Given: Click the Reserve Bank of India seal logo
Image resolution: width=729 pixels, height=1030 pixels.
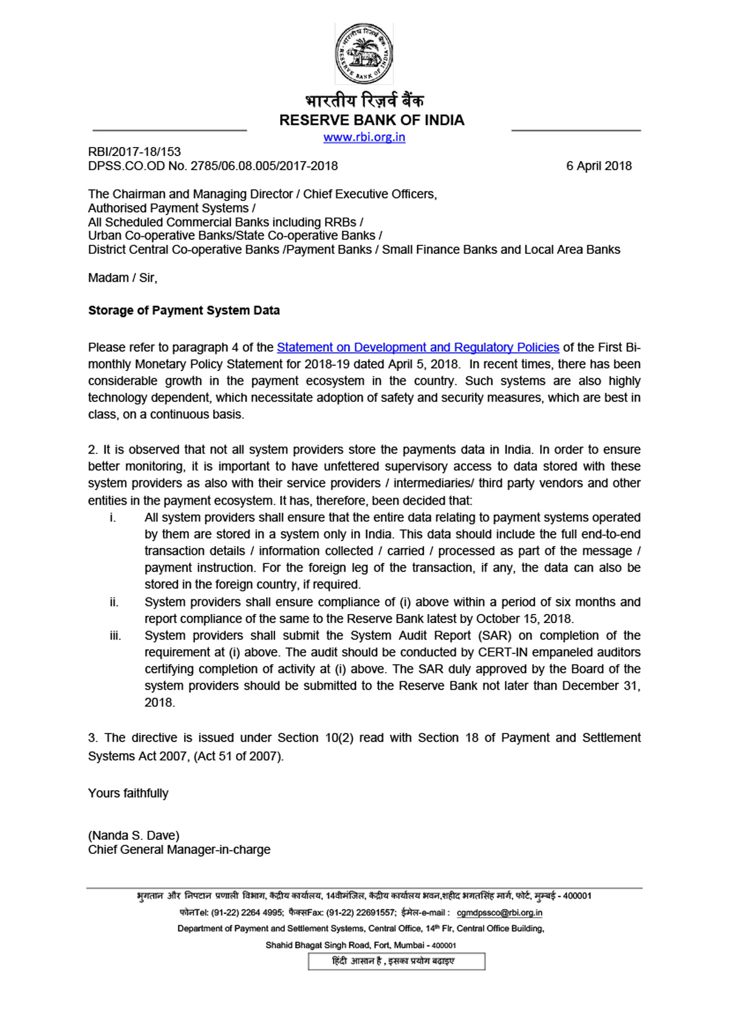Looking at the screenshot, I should click(364, 53).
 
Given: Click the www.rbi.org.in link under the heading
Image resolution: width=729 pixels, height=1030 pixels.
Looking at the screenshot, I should click(364, 137).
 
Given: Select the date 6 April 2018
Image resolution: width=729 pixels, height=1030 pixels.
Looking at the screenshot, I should click(598, 166).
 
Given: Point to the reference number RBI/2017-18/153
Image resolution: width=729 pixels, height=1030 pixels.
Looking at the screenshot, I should click(134, 152).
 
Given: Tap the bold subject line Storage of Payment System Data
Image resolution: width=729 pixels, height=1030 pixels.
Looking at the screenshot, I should click(184, 310).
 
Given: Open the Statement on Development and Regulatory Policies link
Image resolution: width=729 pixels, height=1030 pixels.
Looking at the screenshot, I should click(417, 347).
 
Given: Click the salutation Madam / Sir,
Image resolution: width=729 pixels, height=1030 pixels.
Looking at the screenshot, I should click(123, 278).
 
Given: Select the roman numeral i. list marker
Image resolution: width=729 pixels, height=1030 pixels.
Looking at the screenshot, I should click(112, 517).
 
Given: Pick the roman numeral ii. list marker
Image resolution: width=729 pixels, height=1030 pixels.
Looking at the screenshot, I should click(114, 602).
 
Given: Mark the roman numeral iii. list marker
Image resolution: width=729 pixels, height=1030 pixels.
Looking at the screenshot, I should click(115, 636).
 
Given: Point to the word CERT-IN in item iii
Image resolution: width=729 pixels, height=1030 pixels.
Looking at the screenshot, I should click(504, 652).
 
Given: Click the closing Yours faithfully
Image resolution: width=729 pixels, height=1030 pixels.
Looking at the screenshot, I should click(128, 793).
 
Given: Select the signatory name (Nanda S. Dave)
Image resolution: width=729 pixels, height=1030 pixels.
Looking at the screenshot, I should click(134, 836).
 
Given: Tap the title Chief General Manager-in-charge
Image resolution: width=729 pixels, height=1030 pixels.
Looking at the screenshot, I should click(179, 850).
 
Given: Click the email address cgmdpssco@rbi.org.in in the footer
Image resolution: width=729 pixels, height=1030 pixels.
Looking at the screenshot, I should click(499, 913).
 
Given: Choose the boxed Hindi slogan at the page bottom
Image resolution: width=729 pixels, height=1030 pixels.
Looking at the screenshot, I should click(396, 961).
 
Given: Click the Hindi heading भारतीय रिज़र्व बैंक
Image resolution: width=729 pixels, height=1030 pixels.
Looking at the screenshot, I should click(364, 100).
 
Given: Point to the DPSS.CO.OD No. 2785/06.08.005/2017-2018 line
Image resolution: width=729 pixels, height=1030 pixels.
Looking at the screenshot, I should click(213, 166).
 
